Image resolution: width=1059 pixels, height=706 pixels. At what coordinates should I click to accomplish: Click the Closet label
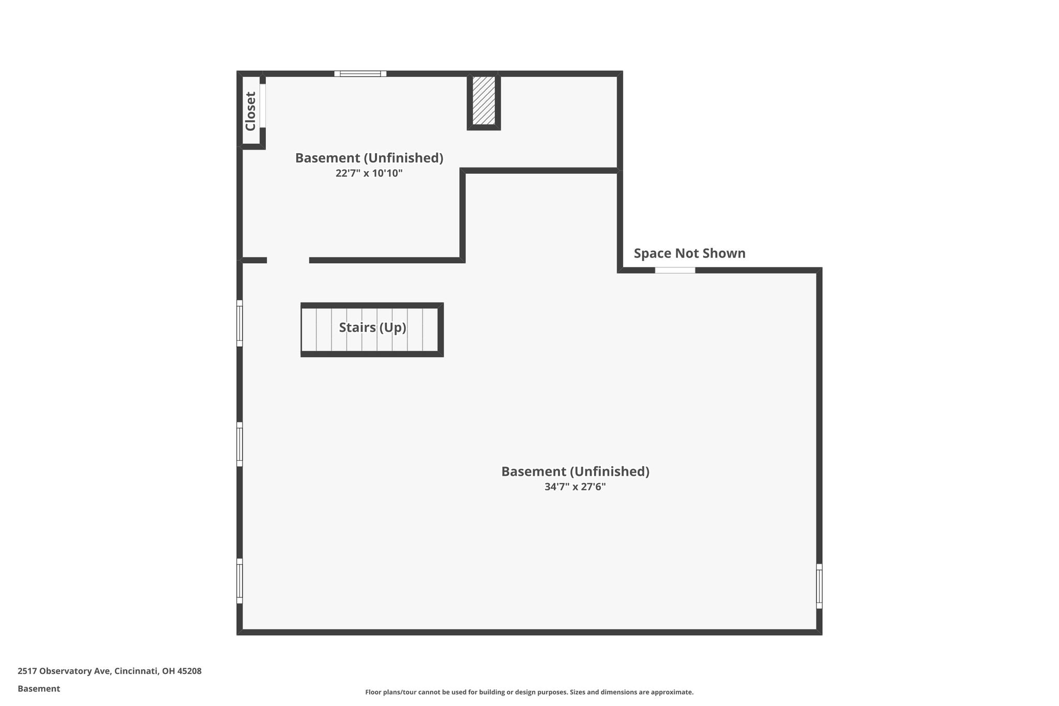point(251,111)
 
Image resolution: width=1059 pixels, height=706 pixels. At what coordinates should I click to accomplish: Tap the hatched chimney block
point(484,101)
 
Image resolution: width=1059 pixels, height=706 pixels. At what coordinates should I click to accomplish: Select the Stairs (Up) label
point(372,327)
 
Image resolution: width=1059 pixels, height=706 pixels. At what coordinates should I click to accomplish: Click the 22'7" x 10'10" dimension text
point(369,173)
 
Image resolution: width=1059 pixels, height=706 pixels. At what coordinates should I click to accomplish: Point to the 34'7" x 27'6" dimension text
point(575,487)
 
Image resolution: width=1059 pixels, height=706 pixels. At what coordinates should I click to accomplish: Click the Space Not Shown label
point(690,253)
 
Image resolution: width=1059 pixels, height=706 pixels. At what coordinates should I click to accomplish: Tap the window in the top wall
point(360,73)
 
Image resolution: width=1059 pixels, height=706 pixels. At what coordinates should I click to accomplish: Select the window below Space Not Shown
point(675,270)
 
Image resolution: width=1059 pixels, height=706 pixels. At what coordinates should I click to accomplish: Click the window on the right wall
point(819,586)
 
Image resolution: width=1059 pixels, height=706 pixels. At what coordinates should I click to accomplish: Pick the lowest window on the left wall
point(239,581)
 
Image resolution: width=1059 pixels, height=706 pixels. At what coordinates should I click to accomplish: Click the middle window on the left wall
point(239,444)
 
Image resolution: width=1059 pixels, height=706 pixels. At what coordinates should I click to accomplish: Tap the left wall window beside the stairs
point(239,323)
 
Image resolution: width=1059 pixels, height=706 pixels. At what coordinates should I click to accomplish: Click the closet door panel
point(263,106)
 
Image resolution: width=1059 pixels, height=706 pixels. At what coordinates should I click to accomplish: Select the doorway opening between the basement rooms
point(288,260)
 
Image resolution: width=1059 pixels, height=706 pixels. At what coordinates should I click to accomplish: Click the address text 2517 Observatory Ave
point(64,671)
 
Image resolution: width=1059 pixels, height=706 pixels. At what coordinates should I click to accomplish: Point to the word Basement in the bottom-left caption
point(39,688)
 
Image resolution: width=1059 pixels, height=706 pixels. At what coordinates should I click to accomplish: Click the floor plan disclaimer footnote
point(529,692)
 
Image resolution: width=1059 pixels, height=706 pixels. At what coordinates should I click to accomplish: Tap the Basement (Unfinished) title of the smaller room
point(369,158)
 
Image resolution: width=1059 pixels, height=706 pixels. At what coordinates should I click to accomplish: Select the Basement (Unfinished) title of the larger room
point(576,472)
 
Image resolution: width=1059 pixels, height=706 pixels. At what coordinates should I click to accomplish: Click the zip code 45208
point(189,671)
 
